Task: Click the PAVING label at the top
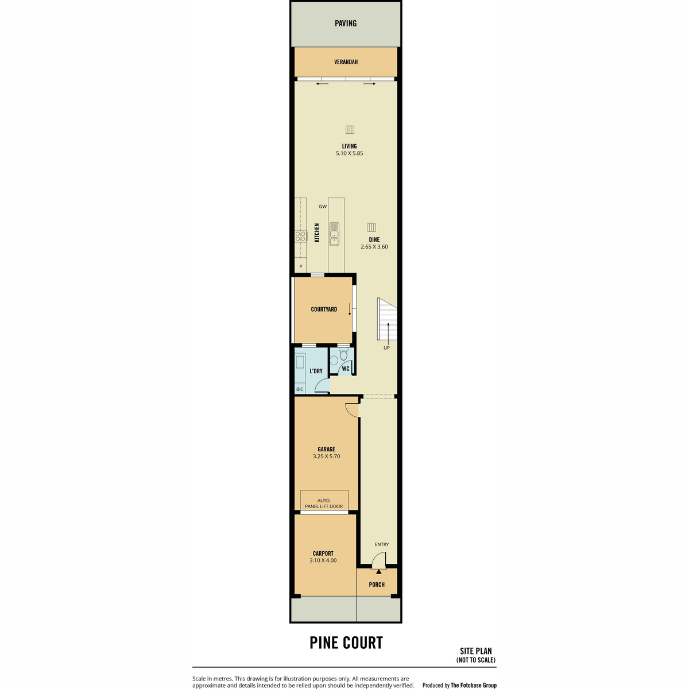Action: coord(346,23)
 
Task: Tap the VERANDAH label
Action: coord(346,62)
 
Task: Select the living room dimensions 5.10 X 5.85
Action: coord(349,153)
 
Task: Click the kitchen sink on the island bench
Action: coord(334,234)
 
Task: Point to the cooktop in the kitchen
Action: coord(300,236)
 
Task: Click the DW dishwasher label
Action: coord(323,207)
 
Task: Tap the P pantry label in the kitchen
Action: coord(301,266)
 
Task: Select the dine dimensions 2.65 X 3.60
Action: coord(374,247)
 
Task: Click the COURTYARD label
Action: coord(324,309)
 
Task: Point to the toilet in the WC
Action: coord(343,355)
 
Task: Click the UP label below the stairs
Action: coord(386,348)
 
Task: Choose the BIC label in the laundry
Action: coord(300,389)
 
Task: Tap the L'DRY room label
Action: coord(316,371)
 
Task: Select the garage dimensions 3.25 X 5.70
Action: coord(326,456)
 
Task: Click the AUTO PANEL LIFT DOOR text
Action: coord(324,504)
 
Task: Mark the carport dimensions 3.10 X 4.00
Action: coord(323,560)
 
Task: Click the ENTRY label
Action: coord(381,544)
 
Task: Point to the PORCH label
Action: coord(377,585)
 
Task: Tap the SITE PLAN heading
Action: coord(475,661)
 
